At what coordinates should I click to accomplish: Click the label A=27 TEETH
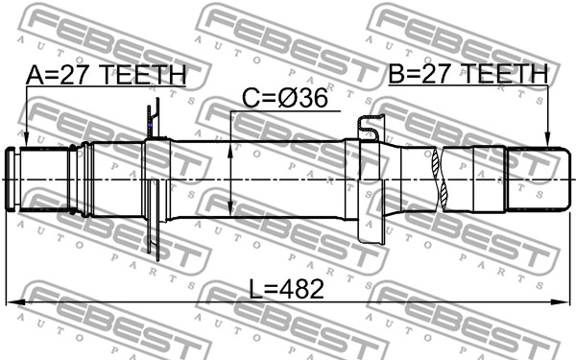pyautogui.click(x=107, y=75)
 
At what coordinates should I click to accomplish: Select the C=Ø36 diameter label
pyautogui.click(x=285, y=99)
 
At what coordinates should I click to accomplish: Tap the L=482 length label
pyautogui.click(x=287, y=289)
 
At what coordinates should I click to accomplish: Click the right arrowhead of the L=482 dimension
pyautogui.click(x=561, y=302)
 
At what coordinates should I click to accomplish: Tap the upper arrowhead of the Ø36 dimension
pyautogui.click(x=230, y=151)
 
